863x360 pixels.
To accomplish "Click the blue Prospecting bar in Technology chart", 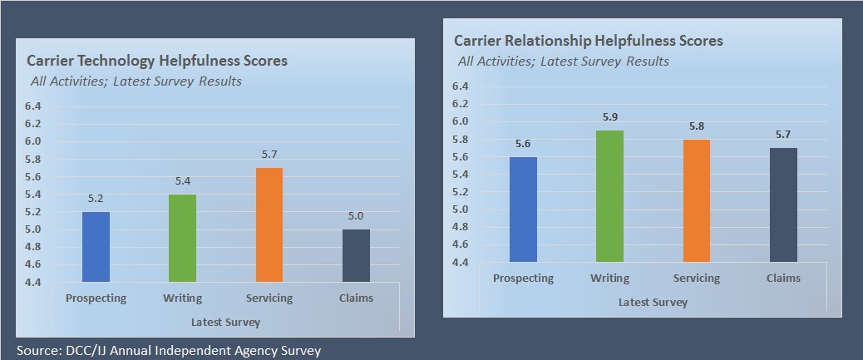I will pyautogui.click(x=96, y=247).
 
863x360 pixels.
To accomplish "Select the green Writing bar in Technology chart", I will pyautogui.click(x=182, y=239).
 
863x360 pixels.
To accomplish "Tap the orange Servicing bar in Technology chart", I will pyautogui.click(x=269, y=225).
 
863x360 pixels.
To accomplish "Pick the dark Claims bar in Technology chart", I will pyautogui.click(x=356, y=256).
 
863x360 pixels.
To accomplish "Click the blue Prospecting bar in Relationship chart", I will pyautogui.click(x=523, y=210).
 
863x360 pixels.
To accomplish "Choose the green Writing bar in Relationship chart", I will pyautogui.click(x=610, y=196).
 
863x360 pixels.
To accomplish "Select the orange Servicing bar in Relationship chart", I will pyautogui.click(x=697, y=200).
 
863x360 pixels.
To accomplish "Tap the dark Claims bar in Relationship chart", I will pyautogui.click(x=783, y=205).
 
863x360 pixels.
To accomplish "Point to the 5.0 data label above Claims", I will pyautogui.click(x=356, y=217).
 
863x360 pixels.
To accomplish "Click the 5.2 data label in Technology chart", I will pyautogui.click(x=96, y=200).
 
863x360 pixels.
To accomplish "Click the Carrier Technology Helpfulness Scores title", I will pyautogui.click(x=157, y=61).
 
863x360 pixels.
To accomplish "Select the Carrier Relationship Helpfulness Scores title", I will pyautogui.click(x=589, y=41).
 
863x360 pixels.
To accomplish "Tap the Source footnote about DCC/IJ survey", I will pyautogui.click(x=169, y=351).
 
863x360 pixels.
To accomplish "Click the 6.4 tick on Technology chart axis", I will pyautogui.click(x=32, y=106).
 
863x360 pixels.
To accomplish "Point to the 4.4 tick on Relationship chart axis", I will pyautogui.click(x=460, y=263).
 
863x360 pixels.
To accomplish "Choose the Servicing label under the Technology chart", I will pyautogui.click(x=269, y=298).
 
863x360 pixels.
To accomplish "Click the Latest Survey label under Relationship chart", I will pyautogui.click(x=653, y=303).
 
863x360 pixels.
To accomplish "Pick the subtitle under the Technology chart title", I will pyautogui.click(x=135, y=81).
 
